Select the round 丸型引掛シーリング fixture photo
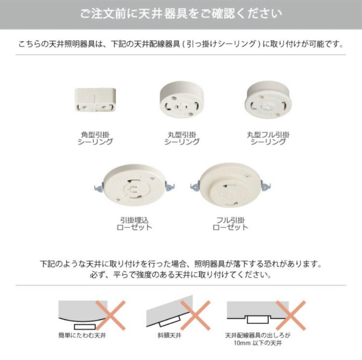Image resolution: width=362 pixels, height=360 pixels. (x=181, y=101)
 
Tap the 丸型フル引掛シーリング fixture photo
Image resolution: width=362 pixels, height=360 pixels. (x=268, y=100)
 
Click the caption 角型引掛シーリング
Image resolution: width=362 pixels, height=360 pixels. (x=95, y=138)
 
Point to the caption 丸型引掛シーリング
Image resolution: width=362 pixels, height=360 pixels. (x=181, y=138)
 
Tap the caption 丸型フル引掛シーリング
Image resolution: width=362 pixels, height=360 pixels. (x=268, y=138)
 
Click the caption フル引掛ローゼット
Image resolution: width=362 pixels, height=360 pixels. (x=230, y=224)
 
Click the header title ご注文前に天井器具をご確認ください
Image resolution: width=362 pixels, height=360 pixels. (x=181, y=14)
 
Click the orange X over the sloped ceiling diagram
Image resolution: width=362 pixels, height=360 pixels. (x=195, y=315)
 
